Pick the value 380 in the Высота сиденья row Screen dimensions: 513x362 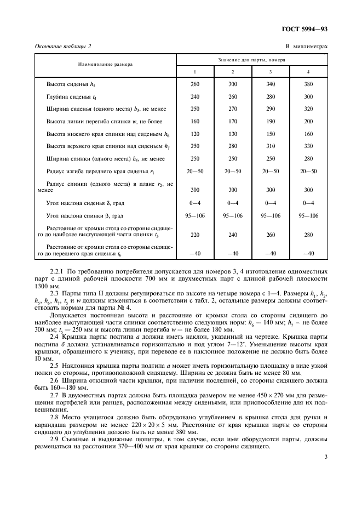pyautogui.click(x=308, y=84)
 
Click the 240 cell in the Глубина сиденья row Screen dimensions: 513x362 pyautogui.click(x=195, y=96)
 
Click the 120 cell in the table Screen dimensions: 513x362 pyautogui.click(x=195, y=134)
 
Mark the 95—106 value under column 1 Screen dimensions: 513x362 pyautogui.click(x=195, y=215)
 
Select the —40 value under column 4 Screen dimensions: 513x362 pyautogui.click(x=308, y=253)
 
